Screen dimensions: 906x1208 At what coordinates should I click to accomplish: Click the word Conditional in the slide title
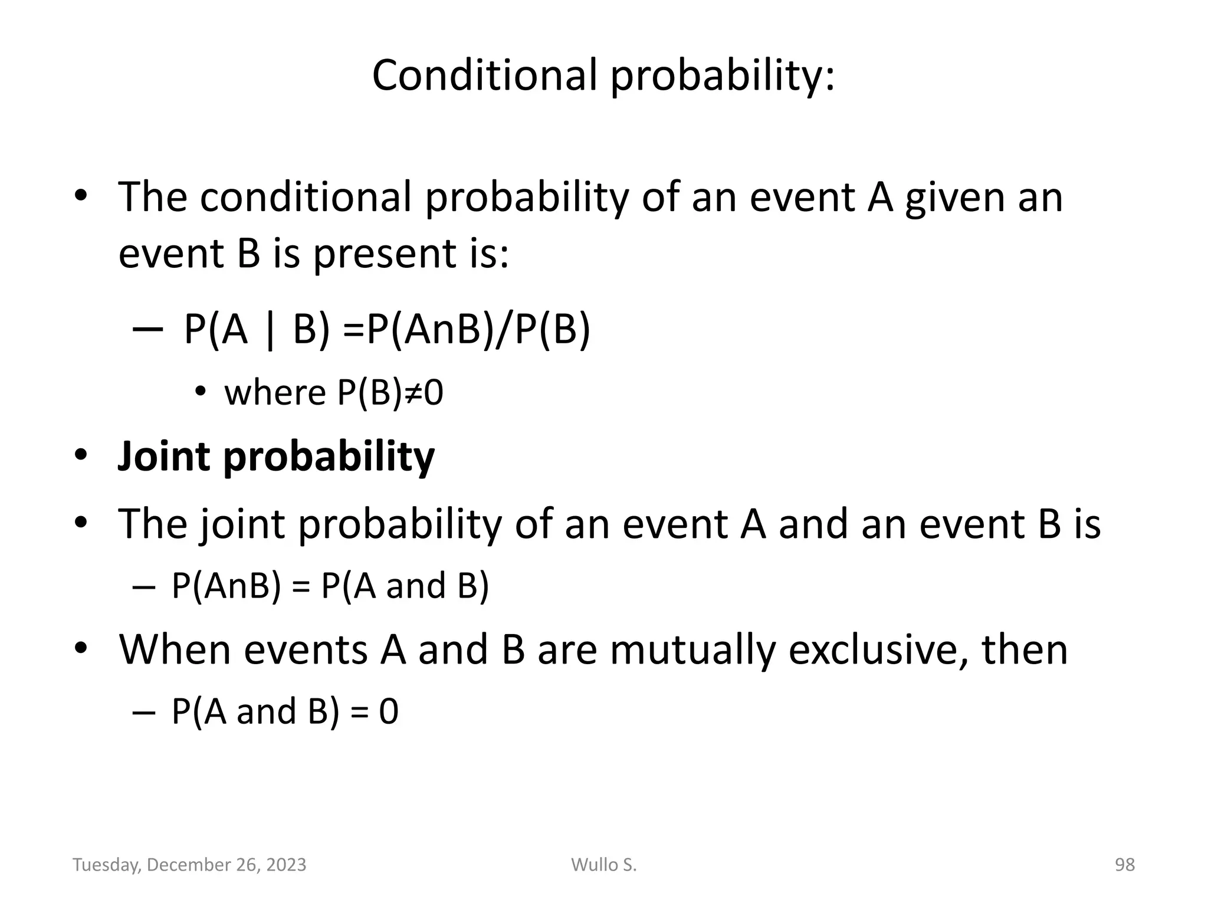(x=484, y=75)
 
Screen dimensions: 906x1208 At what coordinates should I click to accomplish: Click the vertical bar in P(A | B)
(x=270, y=330)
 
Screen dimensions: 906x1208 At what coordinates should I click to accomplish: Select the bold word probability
(x=329, y=457)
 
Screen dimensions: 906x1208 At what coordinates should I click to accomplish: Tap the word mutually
(x=692, y=650)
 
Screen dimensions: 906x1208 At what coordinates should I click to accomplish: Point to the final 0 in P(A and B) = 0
(x=389, y=711)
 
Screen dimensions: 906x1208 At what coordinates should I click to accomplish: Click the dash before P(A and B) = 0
(x=144, y=712)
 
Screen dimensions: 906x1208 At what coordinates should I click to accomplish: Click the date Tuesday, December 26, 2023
(x=189, y=865)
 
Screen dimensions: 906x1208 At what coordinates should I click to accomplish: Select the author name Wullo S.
(x=604, y=865)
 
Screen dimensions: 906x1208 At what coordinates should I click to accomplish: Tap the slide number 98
(x=1124, y=865)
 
